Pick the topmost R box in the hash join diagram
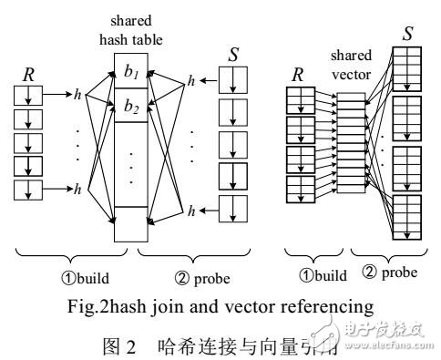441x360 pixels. (x=29, y=94)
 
